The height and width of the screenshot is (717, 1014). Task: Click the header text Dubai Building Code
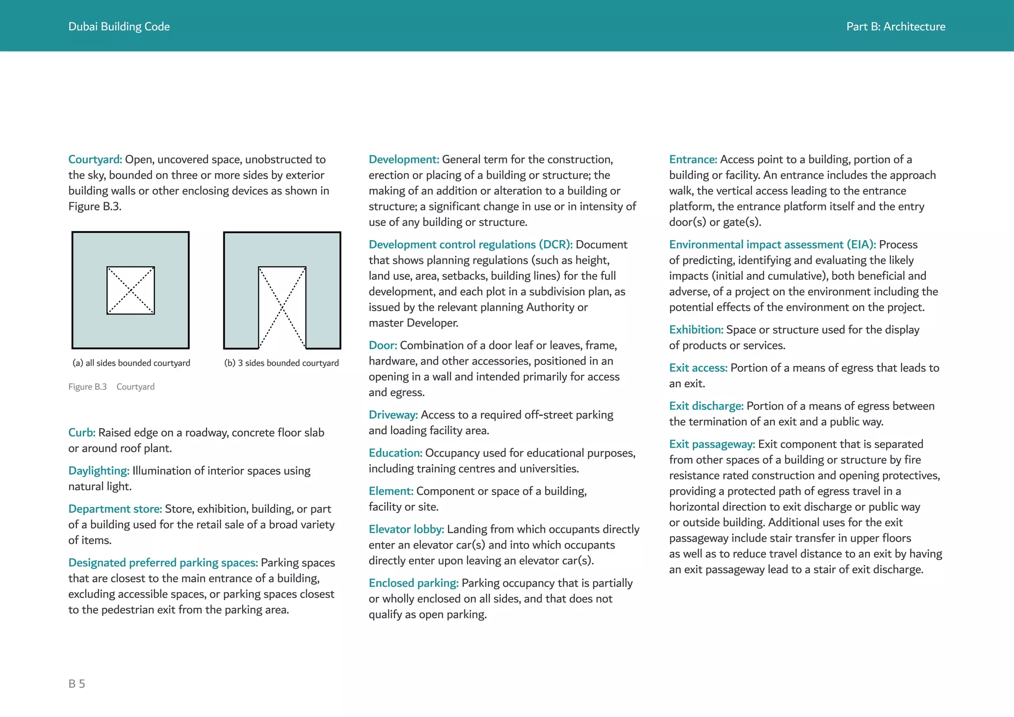(119, 27)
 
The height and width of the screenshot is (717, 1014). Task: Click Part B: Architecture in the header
(895, 27)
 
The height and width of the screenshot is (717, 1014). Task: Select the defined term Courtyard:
(95, 159)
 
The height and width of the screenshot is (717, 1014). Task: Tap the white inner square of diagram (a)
(131, 291)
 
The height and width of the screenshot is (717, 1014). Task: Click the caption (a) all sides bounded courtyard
(131, 363)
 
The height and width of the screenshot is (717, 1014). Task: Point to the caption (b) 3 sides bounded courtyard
(281, 363)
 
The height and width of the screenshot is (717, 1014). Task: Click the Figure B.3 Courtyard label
(111, 387)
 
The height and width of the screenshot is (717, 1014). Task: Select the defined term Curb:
(82, 432)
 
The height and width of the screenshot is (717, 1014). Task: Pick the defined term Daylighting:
(99, 470)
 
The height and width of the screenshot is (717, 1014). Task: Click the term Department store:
(115, 509)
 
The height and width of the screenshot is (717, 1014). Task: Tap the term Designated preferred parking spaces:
(163, 563)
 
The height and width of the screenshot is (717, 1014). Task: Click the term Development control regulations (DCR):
(470, 245)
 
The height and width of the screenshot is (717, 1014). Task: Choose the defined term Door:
(383, 345)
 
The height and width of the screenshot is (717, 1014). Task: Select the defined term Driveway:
(393, 414)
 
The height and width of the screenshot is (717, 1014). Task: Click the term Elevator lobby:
(406, 529)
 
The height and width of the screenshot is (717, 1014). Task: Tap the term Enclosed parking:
(413, 583)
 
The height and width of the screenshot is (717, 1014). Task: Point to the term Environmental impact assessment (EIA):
(772, 245)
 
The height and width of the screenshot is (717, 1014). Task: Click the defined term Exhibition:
(696, 330)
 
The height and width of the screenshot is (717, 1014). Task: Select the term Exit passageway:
(712, 444)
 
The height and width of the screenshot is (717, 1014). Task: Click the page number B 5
(77, 684)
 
